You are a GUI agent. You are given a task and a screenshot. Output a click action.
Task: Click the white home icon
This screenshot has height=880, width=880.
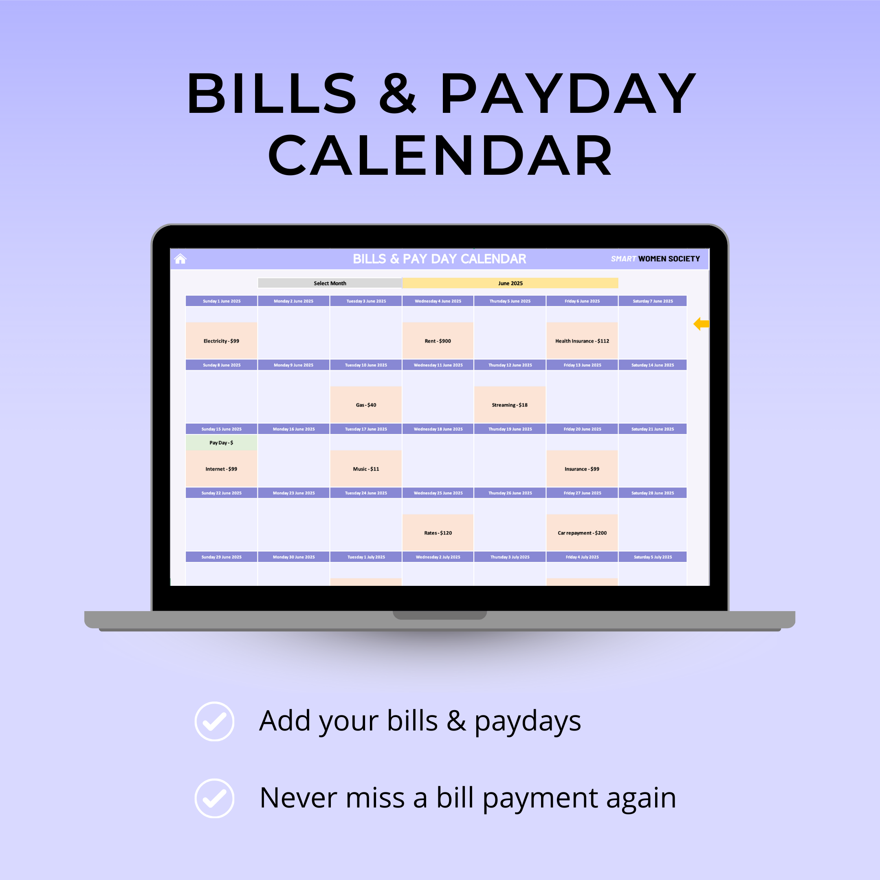tap(180, 259)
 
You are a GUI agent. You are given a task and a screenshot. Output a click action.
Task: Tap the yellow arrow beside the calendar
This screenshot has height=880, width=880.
tap(701, 324)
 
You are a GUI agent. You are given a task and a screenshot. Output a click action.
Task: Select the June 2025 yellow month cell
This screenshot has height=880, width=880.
tap(510, 283)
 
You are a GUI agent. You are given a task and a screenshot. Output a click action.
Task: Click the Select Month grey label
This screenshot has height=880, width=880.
tap(330, 283)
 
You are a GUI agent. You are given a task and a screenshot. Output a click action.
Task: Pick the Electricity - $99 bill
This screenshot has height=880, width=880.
tap(221, 340)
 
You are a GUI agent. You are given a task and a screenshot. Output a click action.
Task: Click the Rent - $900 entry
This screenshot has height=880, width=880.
tap(438, 340)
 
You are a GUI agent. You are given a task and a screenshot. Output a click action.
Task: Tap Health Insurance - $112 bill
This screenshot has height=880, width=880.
tap(582, 340)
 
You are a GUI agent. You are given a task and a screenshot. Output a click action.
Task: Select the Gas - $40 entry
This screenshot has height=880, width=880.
tap(366, 405)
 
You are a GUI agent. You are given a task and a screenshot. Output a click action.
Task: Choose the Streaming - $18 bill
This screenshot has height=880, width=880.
tap(510, 405)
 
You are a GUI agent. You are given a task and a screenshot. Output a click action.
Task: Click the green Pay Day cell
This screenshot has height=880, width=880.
tap(221, 442)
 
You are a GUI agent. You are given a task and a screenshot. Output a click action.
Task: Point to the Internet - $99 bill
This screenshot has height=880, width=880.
tap(221, 468)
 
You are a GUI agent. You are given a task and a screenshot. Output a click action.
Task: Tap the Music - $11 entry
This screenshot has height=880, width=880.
tap(366, 468)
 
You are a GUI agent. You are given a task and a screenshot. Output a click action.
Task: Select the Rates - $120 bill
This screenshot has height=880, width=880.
tap(438, 532)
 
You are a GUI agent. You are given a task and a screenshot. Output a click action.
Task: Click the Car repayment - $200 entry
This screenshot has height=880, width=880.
tap(582, 532)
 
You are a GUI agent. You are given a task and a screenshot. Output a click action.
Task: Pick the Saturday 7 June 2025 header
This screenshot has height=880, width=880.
tap(653, 301)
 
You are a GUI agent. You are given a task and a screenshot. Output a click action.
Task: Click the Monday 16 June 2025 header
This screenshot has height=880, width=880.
tap(294, 429)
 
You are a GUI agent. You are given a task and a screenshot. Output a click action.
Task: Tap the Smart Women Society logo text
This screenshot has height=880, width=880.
tap(656, 259)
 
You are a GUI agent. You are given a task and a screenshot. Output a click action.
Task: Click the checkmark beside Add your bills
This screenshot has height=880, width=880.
tap(215, 722)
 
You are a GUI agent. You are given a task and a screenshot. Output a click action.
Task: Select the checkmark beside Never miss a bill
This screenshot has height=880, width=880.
tap(215, 799)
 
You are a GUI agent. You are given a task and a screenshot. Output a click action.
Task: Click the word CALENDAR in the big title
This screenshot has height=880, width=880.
tap(440, 155)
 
